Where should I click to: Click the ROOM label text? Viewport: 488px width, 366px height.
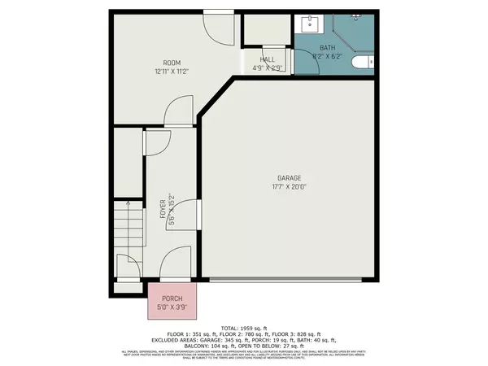pyautogui.click(x=172, y=63)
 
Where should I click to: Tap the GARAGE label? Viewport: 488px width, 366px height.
pyautogui.click(x=289, y=177)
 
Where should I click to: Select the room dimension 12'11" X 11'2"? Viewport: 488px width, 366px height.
pyautogui.click(x=172, y=72)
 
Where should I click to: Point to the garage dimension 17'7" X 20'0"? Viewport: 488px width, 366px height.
pyautogui.click(x=289, y=186)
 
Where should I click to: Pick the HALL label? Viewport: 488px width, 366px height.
pyautogui.click(x=267, y=59)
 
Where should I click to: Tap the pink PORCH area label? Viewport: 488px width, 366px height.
pyautogui.click(x=172, y=298)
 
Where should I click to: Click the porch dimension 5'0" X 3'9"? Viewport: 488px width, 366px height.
pyautogui.click(x=172, y=307)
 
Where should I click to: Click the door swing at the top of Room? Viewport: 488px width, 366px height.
pyautogui.click(x=216, y=26)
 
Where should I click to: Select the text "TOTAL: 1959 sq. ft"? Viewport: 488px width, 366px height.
pyautogui.click(x=243, y=327)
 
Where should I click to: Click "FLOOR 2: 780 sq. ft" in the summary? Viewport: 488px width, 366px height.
pyautogui.click(x=243, y=334)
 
